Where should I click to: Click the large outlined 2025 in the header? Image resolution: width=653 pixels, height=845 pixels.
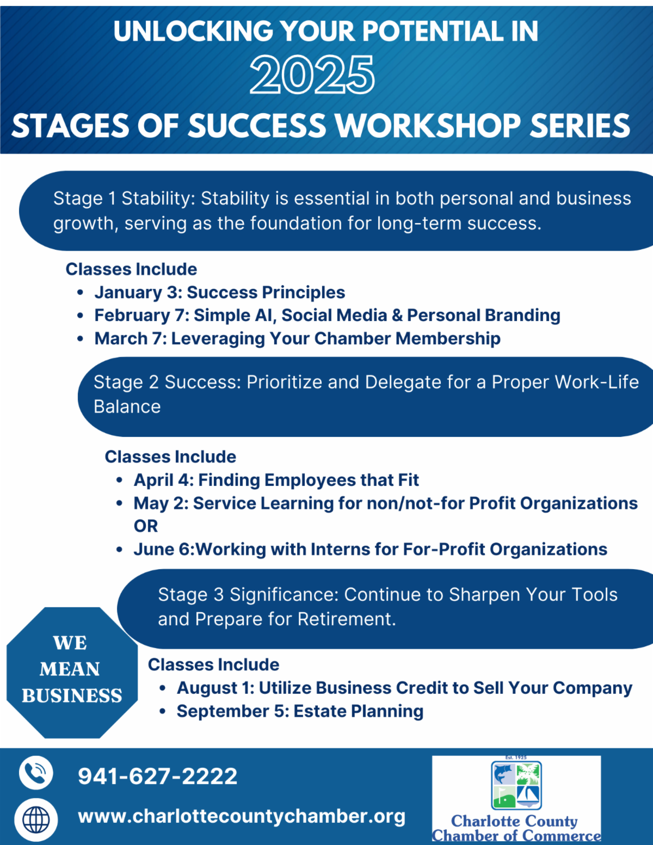[x=312, y=75]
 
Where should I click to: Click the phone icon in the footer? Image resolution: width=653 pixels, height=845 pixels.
[x=36, y=772]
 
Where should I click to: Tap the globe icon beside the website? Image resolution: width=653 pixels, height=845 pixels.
[x=36, y=820]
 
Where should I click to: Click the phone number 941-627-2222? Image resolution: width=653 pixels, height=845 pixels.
[x=157, y=776]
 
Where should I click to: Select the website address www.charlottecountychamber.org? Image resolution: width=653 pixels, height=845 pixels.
[x=242, y=816]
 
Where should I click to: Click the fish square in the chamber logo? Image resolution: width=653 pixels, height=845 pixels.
[x=504, y=774]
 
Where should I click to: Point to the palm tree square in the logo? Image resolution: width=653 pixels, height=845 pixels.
[x=528, y=774]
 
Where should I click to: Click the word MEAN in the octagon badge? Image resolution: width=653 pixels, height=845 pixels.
[x=70, y=669]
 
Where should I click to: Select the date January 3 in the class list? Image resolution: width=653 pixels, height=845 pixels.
[x=138, y=292]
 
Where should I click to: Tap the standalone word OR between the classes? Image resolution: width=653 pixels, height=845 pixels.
[x=146, y=526]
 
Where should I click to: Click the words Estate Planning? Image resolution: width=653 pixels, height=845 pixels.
[x=358, y=711]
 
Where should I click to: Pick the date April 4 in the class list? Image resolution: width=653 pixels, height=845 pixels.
[x=163, y=480]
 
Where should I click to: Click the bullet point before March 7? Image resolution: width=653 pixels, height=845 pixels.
[x=80, y=338]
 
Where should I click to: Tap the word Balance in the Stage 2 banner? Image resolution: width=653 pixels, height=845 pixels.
[x=127, y=407]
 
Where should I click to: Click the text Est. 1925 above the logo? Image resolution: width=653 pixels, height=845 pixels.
[x=516, y=757]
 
